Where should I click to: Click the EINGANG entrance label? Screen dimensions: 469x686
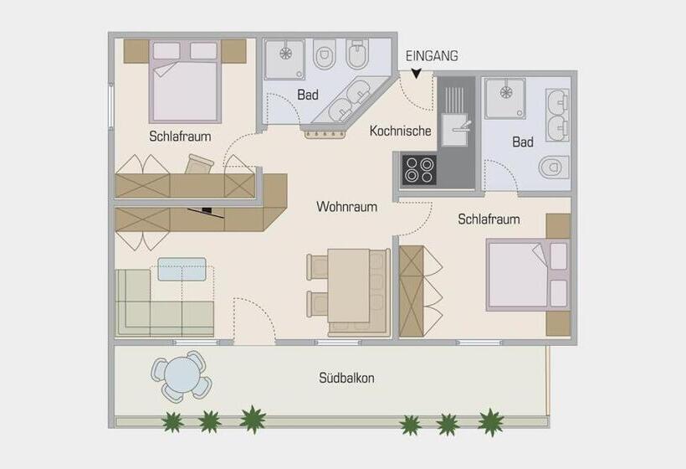tap(432, 56)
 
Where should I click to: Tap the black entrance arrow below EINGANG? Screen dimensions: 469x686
tap(416, 75)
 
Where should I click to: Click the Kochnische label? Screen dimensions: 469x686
tap(401, 131)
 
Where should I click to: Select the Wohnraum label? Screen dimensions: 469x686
tap(346, 206)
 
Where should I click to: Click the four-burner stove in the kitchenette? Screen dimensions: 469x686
tap(419, 170)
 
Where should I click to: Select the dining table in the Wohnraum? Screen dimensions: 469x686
tap(349, 286)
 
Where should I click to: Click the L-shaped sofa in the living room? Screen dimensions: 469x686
tap(159, 306)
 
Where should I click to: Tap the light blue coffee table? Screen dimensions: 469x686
tap(182, 269)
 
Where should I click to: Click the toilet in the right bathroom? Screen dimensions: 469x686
tap(552, 167)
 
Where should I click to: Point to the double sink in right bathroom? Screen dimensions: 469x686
tap(555, 114)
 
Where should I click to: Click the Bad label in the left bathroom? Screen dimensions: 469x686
tap(308, 95)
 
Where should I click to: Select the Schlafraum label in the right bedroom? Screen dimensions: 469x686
tap(489, 219)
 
